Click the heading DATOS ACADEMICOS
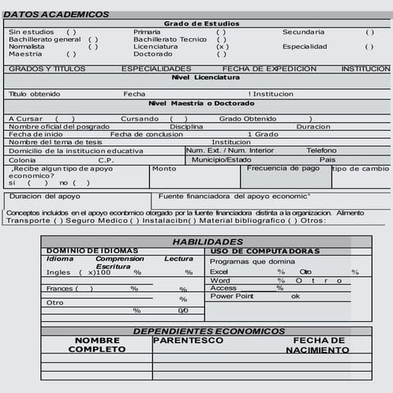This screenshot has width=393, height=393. (x=56, y=14)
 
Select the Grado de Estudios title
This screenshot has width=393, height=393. (x=201, y=24)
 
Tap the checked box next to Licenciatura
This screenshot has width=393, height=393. (x=223, y=47)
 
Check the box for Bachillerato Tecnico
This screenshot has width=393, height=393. (x=222, y=39)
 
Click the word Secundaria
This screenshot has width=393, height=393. (x=303, y=32)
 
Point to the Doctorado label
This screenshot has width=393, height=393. (x=152, y=54)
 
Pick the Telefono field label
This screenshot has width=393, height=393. (x=321, y=150)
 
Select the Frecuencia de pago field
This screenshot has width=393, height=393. (x=283, y=168)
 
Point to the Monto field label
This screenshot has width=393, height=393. (x=164, y=168)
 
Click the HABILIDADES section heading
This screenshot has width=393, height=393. (x=208, y=241)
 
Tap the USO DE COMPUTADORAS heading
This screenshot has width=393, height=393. (x=265, y=251)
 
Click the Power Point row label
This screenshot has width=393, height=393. (x=233, y=296)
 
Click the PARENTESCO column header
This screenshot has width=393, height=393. (x=188, y=341)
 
